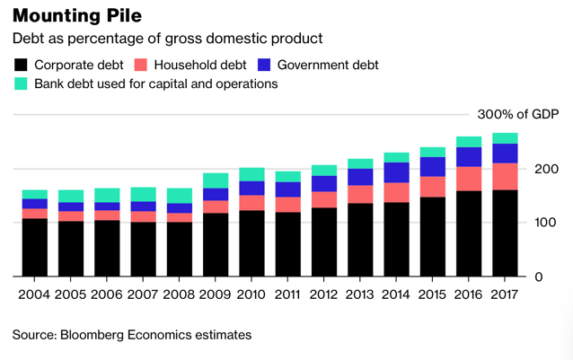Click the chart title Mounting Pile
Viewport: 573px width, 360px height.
pos(77,16)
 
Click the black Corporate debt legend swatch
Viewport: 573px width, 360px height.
pos(21,65)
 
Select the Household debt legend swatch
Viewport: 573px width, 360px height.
pos(141,65)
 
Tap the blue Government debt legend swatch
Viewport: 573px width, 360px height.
pos(264,65)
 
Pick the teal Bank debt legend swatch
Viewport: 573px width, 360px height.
pos(21,83)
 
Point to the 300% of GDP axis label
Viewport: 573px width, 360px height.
pos(518,114)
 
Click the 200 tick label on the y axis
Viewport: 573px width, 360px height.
pos(546,169)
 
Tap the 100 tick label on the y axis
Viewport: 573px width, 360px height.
pos(545,223)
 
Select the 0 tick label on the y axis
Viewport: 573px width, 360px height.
pos(539,277)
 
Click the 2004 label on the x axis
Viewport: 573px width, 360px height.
pos(34,294)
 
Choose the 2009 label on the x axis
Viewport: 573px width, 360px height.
pos(215,294)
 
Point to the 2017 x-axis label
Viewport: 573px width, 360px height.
pos(505,294)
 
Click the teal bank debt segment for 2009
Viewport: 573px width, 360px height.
pos(216,180)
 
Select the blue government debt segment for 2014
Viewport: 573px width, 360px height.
pos(396,172)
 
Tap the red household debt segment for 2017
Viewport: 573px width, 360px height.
pos(505,177)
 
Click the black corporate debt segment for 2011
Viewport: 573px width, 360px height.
pos(288,244)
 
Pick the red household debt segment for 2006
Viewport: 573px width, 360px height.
pos(107,215)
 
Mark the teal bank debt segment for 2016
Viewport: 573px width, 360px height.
pos(469,142)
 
